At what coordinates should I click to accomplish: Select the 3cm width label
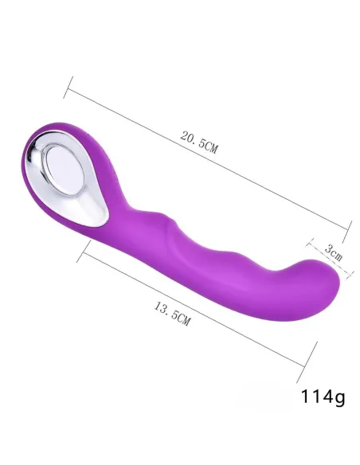click(335, 256)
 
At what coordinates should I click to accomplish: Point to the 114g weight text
click(323, 396)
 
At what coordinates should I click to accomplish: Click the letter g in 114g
click(339, 397)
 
